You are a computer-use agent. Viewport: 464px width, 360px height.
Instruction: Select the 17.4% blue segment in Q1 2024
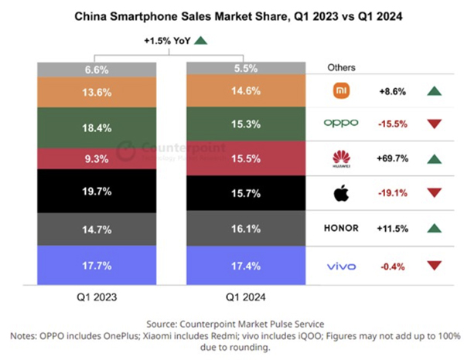tap(237, 266)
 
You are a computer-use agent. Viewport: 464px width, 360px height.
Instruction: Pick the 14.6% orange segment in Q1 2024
tap(237, 90)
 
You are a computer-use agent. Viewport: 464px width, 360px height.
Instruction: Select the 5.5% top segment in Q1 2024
tap(237, 68)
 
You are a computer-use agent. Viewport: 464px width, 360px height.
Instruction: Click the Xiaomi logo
tap(340, 91)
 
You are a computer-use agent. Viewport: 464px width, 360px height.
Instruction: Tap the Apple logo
tap(340, 192)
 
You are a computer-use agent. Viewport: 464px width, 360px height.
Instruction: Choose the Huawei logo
tap(340, 159)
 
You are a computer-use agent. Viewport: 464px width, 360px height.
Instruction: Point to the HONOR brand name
tap(340, 229)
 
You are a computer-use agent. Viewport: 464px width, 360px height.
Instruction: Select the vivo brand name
tap(340, 266)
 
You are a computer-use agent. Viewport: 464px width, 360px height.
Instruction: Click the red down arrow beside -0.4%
tap(435, 266)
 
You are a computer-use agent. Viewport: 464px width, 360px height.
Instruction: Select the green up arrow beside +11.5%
tap(435, 229)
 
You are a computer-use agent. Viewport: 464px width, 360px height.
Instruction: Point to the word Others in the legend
tap(341, 68)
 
